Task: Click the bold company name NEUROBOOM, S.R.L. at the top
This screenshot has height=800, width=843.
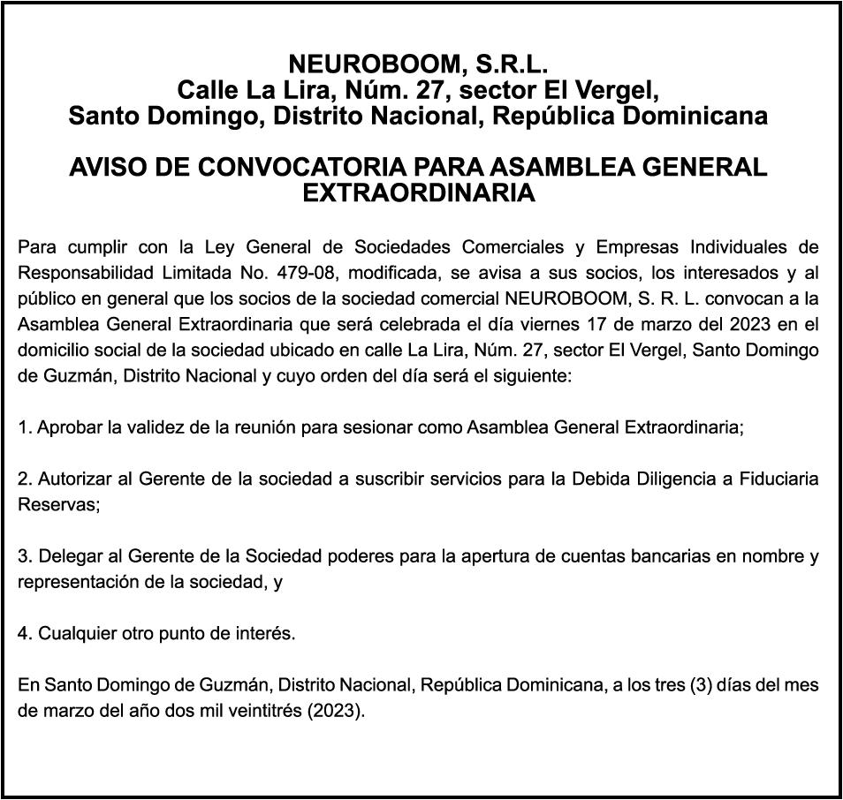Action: tap(419, 64)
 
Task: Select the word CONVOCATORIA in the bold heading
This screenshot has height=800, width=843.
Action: tap(303, 167)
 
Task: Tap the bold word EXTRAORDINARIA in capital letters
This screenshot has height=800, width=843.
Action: tap(419, 192)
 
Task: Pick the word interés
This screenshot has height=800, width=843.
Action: tap(267, 634)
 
